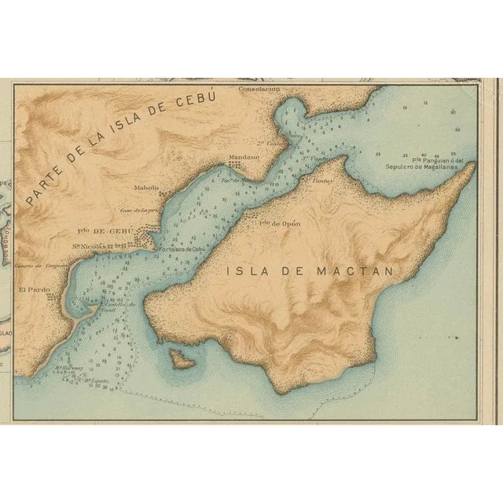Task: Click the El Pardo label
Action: (34, 289)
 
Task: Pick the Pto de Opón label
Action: (281, 223)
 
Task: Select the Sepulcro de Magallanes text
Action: (424, 167)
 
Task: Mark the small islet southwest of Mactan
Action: (183, 360)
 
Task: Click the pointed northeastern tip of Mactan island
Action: (472, 166)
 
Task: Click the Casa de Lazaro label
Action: (134, 210)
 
